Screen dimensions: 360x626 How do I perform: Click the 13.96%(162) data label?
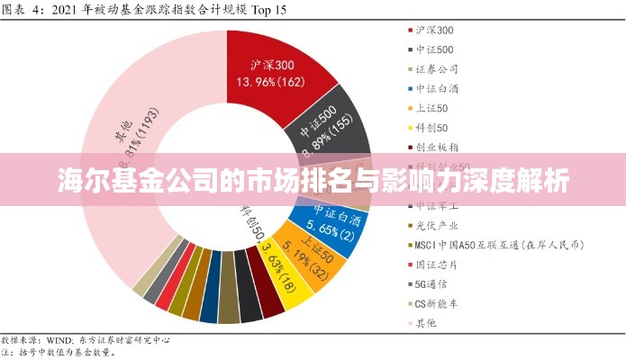click(270, 82)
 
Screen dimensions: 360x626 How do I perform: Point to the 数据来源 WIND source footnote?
click(86, 341)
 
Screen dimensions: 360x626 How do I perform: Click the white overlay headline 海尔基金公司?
click(313, 181)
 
